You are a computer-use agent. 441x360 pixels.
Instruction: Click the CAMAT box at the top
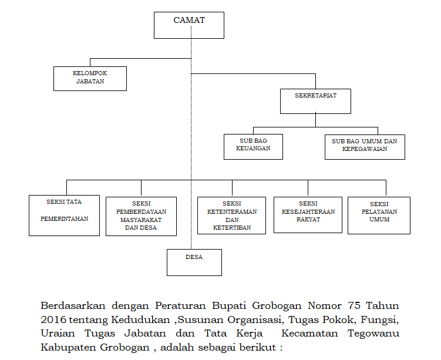tap(189, 25)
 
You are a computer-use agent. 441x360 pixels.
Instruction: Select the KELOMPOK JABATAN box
tap(90, 79)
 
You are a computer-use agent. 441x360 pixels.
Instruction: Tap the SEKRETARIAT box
tap(315, 101)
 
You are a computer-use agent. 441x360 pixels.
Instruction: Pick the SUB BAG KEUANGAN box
tap(253, 147)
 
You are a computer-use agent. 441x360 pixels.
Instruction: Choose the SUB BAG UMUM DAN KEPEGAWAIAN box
tap(365, 147)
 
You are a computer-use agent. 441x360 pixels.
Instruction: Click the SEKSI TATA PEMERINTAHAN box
tap(64, 216)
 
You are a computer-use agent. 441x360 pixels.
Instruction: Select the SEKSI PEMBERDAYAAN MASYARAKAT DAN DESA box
tap(141, 216)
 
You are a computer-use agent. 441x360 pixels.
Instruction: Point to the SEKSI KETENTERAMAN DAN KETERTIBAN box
tap(231, 216)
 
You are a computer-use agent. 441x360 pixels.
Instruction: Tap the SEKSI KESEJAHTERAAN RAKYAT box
tap(308, 215)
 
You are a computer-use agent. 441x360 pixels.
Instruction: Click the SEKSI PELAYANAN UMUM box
tap(379, 216)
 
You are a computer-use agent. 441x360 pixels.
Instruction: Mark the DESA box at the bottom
tap(194, 263)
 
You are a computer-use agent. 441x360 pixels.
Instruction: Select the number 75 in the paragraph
tap(354, 305)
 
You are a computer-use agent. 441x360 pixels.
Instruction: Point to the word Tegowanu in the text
tap(373, 334)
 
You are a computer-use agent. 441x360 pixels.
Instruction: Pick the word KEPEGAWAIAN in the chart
tap(365, 149)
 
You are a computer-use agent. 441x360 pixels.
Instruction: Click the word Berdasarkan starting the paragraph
tap(73, 306)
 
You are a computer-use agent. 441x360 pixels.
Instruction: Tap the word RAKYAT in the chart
tap(308, 220)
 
